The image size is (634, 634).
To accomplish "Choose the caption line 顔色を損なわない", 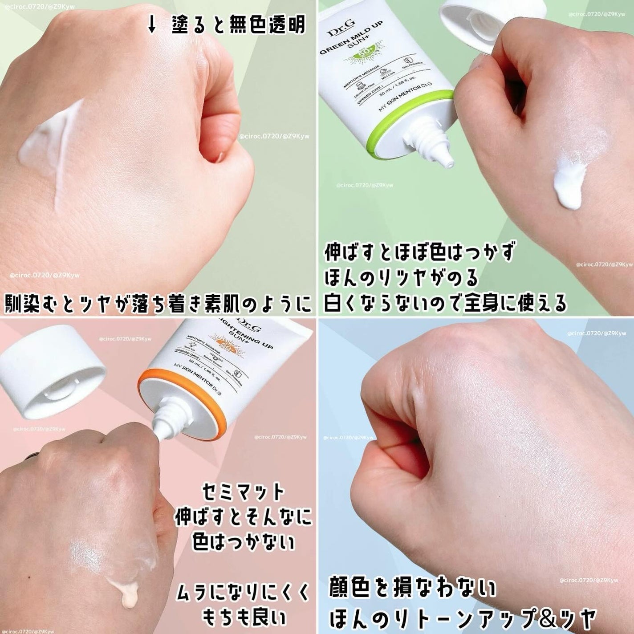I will click(412, 589).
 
